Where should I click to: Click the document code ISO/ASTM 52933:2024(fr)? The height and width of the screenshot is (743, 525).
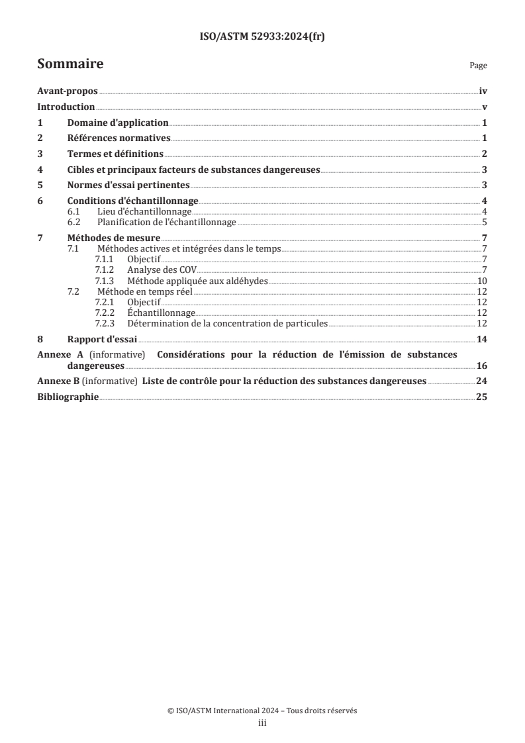point(262,38)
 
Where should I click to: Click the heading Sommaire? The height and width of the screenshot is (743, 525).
point(70,64)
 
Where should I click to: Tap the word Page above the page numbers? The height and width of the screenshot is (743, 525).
point(478,66)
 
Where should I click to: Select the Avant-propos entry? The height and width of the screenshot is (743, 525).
point(67,92)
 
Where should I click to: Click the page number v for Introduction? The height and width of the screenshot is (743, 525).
point(485,107)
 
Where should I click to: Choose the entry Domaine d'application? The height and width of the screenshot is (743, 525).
point(118,123)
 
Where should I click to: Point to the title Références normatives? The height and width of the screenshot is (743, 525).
point(119,138)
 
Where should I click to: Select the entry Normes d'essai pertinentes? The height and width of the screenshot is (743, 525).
point(129,185)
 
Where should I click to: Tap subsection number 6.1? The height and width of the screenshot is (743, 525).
point(74,211)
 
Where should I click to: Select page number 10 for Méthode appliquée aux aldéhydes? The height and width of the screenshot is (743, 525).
point(483,280)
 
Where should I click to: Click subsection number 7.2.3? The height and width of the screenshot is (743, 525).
point(106,323)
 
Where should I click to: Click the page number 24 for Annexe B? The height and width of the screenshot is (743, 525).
point(481,381)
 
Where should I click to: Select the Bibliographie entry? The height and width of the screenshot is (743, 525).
point(68,397)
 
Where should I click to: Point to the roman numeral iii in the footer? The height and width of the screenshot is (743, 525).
point(262,723)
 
